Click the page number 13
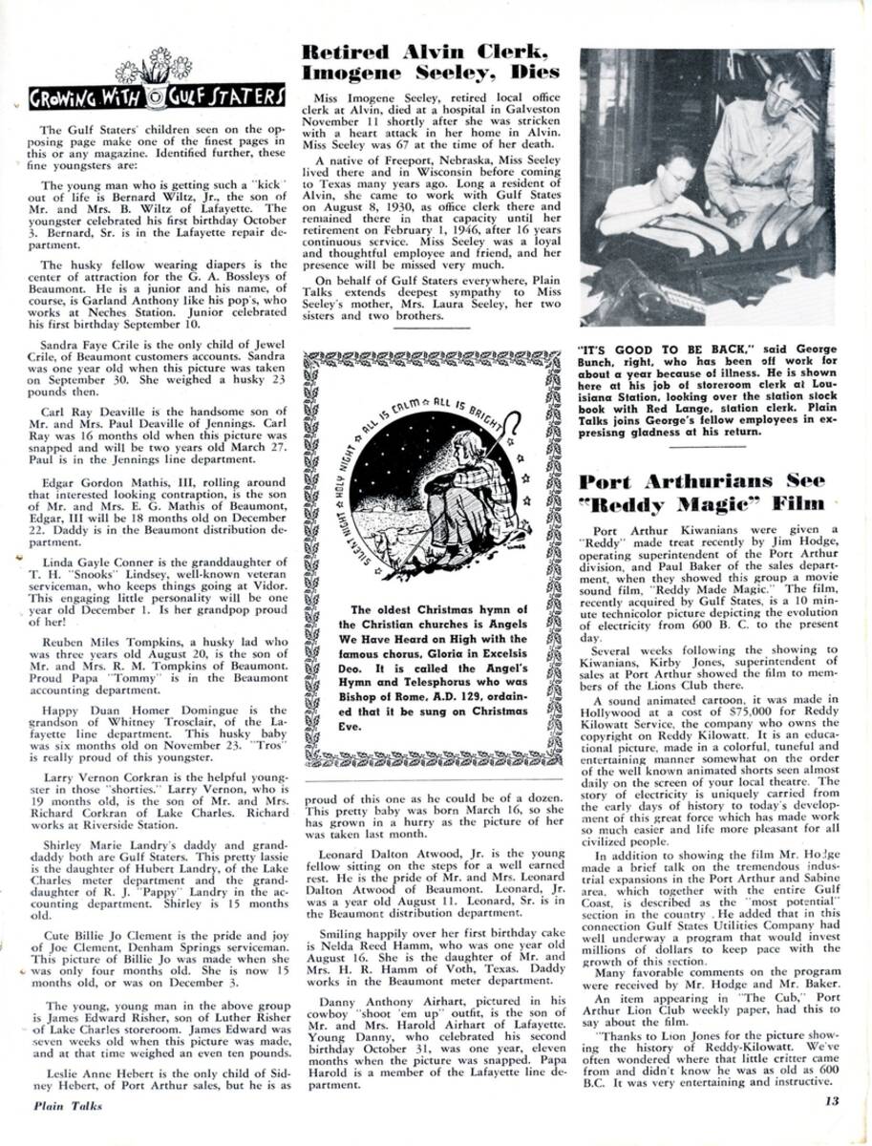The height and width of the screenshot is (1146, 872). [831, 1100]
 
